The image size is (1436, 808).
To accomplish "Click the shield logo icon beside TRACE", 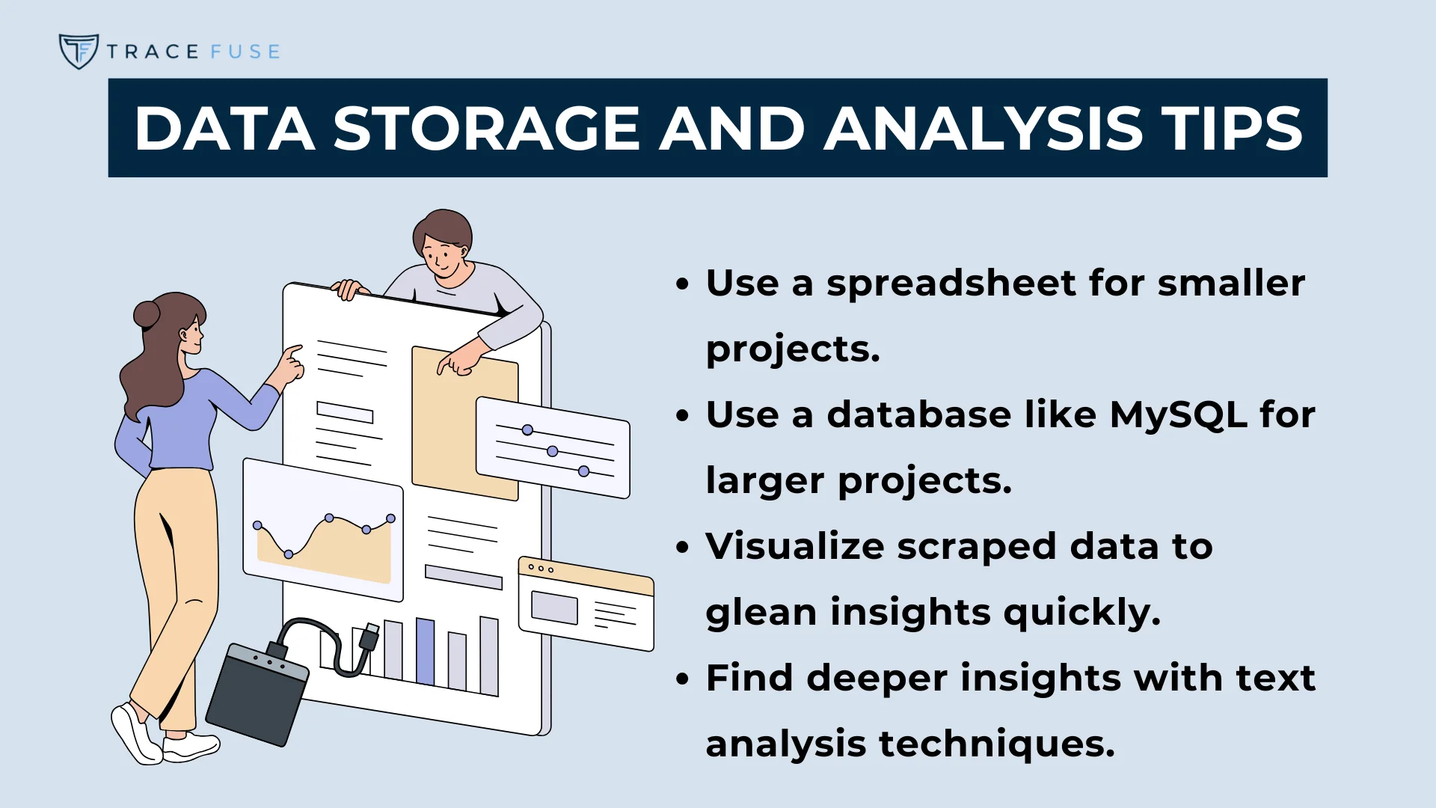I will click(79, 51).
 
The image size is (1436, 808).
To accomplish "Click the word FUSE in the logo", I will click(245, 52).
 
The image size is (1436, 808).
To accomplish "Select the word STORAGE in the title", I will click(485, 129).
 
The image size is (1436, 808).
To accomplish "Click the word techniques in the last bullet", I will click(996, 744).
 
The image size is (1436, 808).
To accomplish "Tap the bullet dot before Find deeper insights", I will click(681, 679).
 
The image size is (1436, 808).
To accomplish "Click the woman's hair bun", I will click(147, 314).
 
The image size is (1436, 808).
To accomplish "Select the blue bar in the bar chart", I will click(425, 651).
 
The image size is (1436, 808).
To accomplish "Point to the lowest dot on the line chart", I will click(289, 554).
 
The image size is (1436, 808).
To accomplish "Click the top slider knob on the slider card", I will click(527, 430).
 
